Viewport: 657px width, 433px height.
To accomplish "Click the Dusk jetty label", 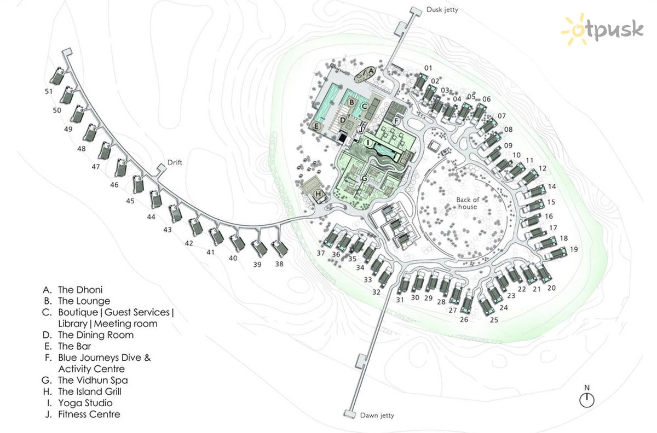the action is (x=442, y=10).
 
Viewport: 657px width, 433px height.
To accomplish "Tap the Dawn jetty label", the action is (x=377, y=416).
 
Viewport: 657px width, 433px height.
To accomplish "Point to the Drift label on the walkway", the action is (x=175, y=162).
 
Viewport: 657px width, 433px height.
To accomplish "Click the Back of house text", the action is (x=468, y=203).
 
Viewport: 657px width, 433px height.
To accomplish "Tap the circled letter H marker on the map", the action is (x=318, y=194).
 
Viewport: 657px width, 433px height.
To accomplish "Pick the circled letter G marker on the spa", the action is (x=364, y=178).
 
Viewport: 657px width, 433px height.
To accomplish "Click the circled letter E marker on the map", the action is (x=316, y=126).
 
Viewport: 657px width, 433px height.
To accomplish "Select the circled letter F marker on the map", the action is (x=396, y=121).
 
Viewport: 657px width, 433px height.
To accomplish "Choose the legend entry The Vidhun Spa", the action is (x=85, y=381).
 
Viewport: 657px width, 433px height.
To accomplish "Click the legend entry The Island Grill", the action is (x=82, y=391).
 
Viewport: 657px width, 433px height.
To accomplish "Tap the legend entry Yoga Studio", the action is (x=80, y=403).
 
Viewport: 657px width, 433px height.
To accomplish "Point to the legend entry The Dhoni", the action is (x=73, y=290).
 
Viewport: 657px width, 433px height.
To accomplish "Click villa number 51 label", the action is (x=49, y=91).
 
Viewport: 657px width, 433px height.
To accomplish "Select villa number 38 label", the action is (x=279, y=264).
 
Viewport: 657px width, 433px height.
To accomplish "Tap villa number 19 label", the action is (x=574, y=249).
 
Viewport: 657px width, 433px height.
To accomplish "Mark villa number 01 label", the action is (x=428, y=68).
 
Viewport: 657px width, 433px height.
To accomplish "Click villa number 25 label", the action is (x=494, y=320).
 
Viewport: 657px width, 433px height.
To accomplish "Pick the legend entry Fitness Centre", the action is (x=83, y=414).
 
